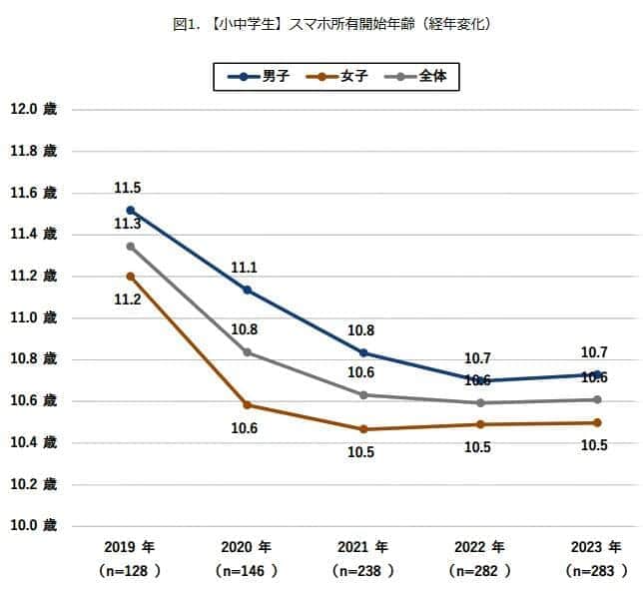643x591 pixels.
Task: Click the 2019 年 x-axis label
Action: coord(130,547)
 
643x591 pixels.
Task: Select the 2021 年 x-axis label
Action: coord(363,547)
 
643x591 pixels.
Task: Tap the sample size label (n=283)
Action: coord(597,571)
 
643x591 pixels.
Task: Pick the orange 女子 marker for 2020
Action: coord(248,405)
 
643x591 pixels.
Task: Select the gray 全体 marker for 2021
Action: coord(364,394)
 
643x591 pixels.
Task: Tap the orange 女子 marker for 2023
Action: coord(597,423)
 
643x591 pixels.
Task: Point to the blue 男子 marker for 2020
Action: coord(248,290)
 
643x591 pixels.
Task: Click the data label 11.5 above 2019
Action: coord(127,188)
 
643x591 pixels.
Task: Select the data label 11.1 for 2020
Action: coord(244,268)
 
